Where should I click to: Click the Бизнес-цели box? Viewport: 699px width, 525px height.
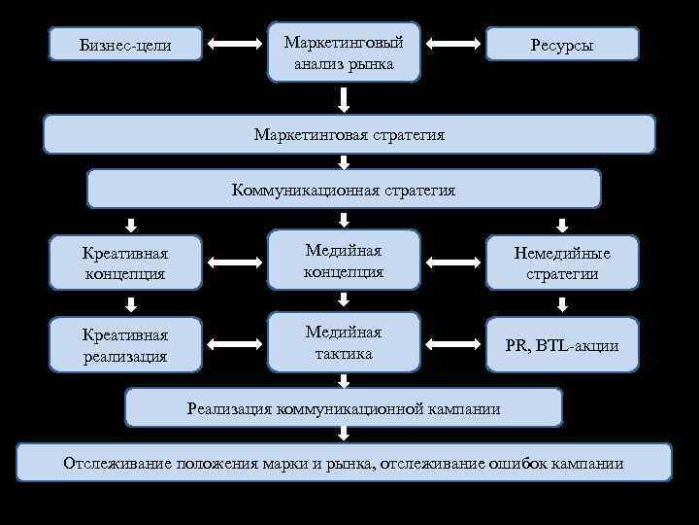123,45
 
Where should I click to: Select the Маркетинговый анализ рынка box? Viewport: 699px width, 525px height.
344,52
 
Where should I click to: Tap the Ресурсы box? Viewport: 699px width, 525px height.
562,46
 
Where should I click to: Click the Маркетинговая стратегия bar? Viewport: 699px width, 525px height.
349,135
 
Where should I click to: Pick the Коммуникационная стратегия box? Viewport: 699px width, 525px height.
344,190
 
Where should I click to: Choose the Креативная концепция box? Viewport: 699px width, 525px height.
125,263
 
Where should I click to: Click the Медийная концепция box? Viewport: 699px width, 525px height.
344,261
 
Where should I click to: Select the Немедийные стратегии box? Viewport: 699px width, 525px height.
562,263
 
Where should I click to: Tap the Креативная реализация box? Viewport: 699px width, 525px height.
125,345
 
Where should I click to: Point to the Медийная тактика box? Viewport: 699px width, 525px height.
344,342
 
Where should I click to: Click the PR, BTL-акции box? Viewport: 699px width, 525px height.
562,345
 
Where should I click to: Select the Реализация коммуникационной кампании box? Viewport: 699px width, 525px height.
344,408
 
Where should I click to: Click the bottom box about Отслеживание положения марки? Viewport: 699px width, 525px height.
344,463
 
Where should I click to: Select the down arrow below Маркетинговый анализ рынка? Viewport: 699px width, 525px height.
344,98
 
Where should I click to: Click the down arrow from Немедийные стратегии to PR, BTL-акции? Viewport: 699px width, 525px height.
562,303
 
